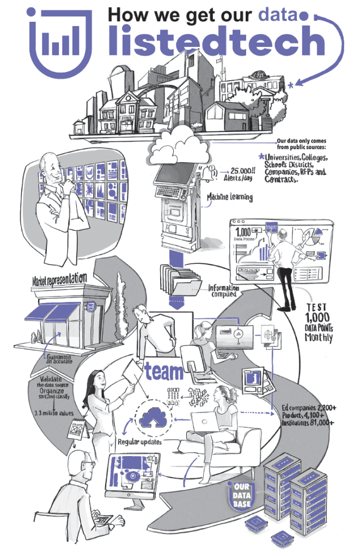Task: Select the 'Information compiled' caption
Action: click(223, 290)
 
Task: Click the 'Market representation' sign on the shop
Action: click(59, 280)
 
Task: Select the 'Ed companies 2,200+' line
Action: click(307, 408)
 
